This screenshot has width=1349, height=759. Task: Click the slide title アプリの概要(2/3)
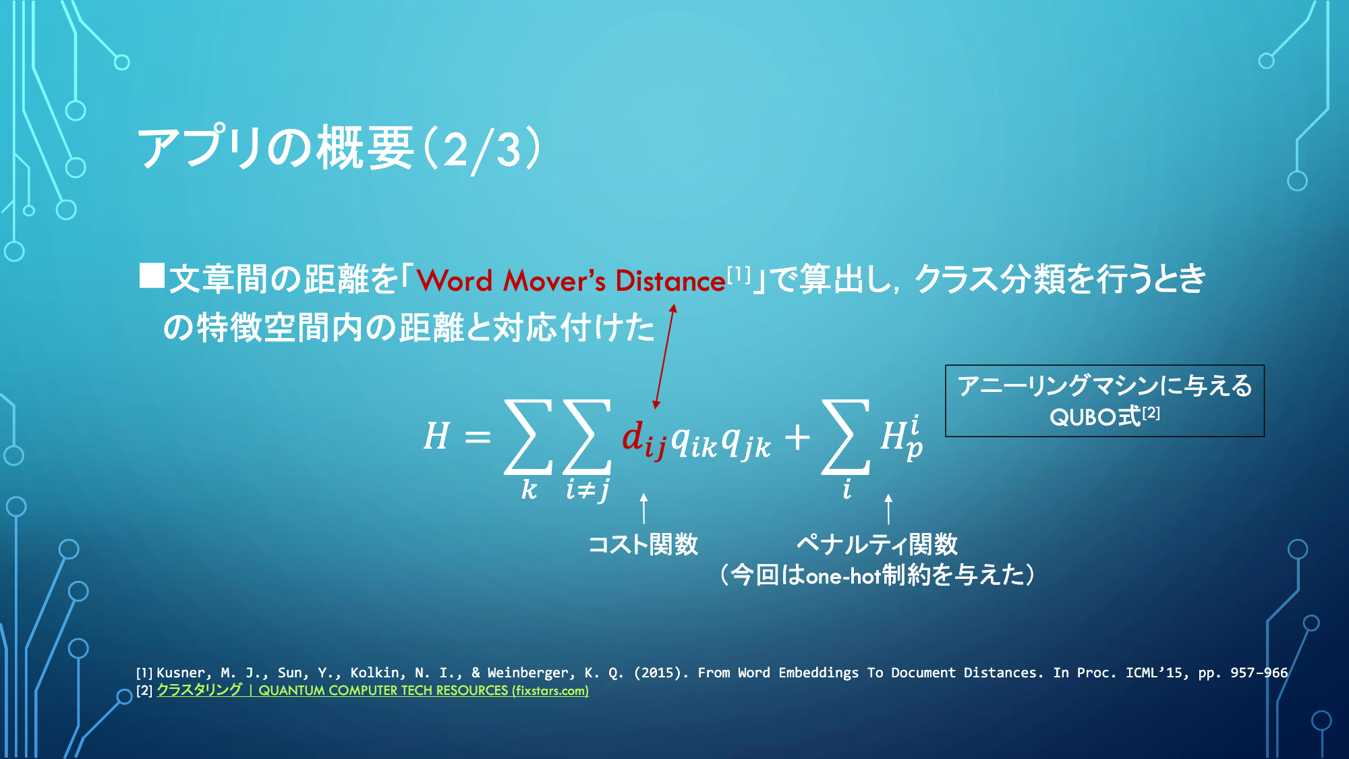(339, 149)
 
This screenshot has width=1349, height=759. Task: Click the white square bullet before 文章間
(152, 275)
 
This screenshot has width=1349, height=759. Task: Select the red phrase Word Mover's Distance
(571, 281)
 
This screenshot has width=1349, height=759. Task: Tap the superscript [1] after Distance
(739, 274)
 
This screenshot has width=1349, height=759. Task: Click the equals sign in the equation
(478, 437)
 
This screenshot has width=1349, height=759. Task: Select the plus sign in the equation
(797, 437)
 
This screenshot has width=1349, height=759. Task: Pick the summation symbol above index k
(528, 437)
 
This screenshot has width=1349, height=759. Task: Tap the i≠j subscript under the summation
(587, 489)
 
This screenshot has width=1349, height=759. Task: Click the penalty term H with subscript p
(902, 437)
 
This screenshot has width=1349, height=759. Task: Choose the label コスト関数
(643, 544)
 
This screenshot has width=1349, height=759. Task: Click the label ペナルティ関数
(877, 544)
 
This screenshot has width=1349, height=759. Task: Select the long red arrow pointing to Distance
(664, 356)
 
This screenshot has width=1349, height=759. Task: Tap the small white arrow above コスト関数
(643, 508)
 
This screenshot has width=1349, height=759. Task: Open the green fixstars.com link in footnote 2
(373, 690)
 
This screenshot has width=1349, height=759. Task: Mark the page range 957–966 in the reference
(1259, 673)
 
